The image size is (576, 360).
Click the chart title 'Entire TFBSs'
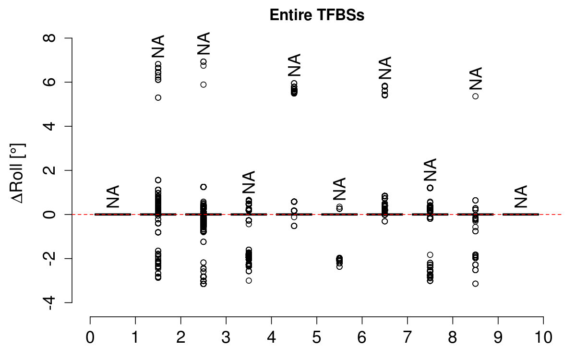317,15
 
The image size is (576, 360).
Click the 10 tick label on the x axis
543,338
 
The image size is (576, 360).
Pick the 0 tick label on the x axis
90,338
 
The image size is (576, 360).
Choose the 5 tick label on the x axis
317,338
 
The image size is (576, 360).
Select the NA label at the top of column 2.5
204,44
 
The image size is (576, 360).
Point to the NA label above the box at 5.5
339,189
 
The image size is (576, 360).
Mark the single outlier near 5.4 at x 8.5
475,96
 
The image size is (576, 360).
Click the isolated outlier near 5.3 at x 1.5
158,97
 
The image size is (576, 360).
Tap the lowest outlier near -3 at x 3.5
249,280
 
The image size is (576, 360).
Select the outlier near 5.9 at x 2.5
204,84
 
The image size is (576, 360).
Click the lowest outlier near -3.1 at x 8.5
475,284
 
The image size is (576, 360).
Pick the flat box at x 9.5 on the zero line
520,214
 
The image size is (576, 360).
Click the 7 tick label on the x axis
408,338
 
